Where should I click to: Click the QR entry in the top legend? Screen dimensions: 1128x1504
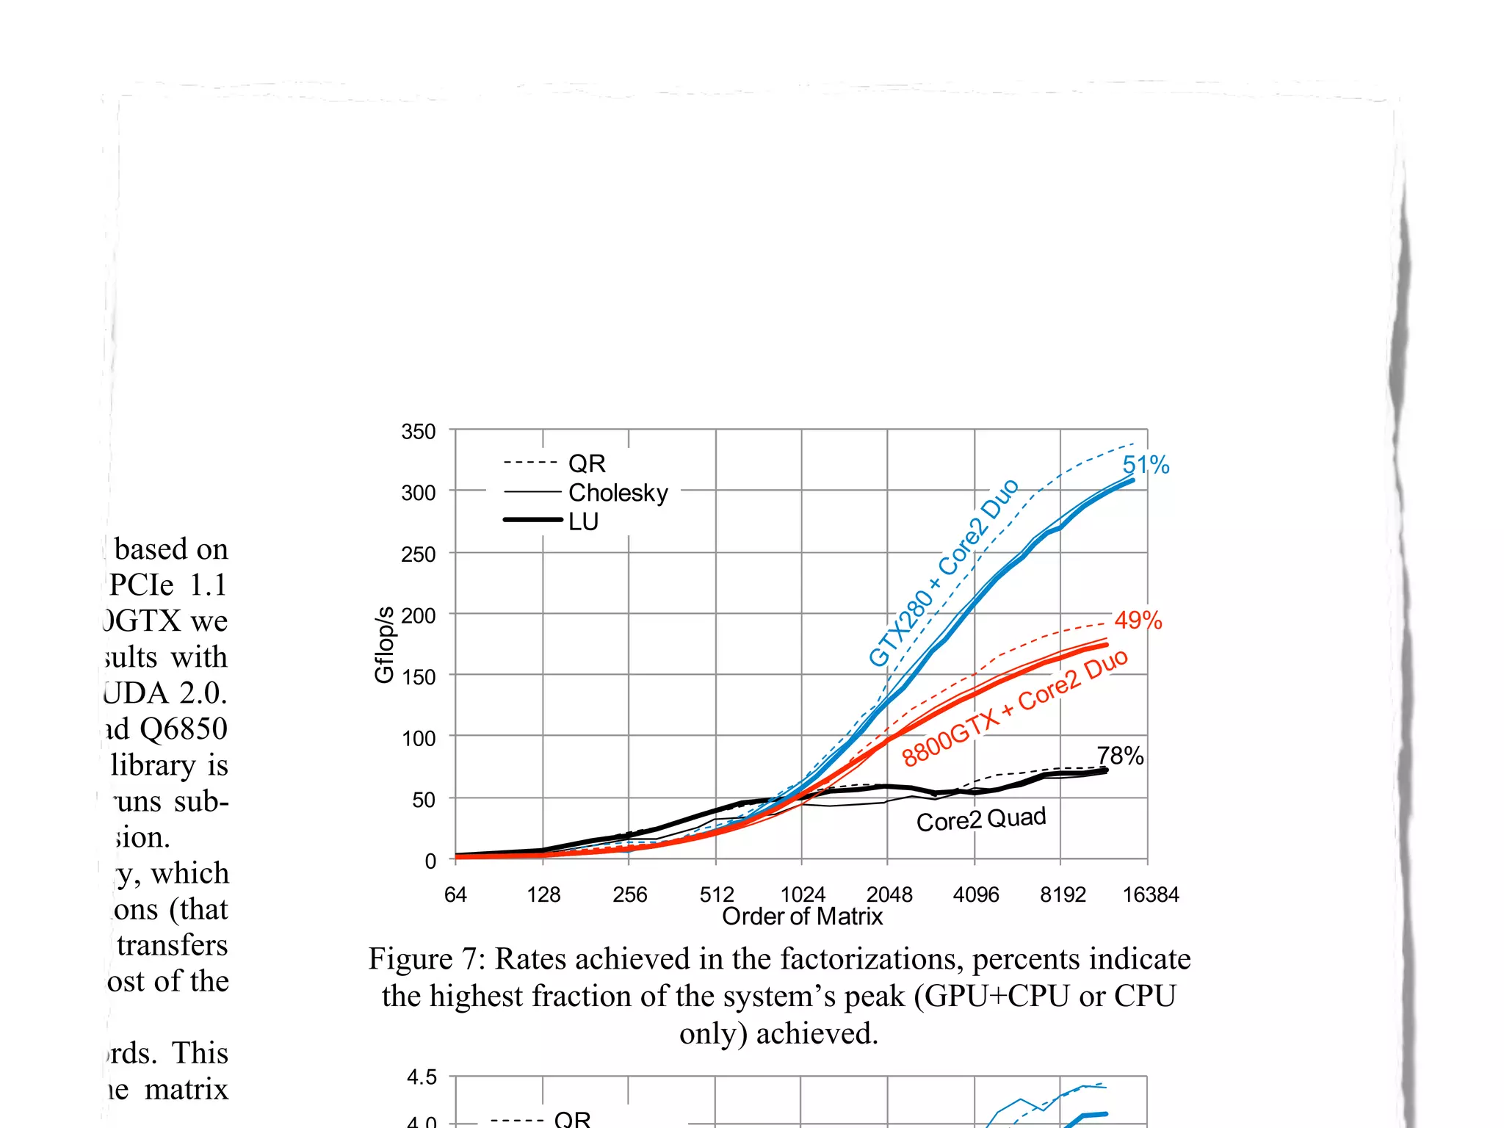(586, 463)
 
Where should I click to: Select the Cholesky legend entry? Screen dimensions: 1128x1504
(618, 493)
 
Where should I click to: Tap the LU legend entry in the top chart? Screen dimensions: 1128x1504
(583, 521)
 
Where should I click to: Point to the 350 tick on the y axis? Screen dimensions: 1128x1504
(418, 432)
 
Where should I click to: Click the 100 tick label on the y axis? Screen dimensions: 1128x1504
(418, 738)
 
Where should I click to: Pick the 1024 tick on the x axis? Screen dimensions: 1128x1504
(802, 894)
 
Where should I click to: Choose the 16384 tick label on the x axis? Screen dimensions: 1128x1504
(1150, 894)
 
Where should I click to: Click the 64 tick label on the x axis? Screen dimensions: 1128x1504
(455, 894)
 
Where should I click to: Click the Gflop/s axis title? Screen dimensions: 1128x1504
(384, 645)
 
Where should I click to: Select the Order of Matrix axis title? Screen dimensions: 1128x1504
(802, 916)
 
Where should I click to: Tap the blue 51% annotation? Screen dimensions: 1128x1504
(1145, 465)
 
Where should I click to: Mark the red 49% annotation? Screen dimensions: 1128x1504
(1138, 621)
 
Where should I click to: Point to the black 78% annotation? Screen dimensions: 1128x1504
(1120, 756)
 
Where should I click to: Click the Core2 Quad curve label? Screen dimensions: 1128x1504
(980, 819)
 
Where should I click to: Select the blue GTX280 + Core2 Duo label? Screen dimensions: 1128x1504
(943, 573)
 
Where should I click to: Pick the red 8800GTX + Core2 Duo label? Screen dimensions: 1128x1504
(1014, 708)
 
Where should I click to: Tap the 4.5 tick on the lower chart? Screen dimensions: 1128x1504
(422, 1077)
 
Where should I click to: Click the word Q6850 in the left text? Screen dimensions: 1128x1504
(183, 728)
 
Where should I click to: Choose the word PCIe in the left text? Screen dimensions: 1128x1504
(142, 585)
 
